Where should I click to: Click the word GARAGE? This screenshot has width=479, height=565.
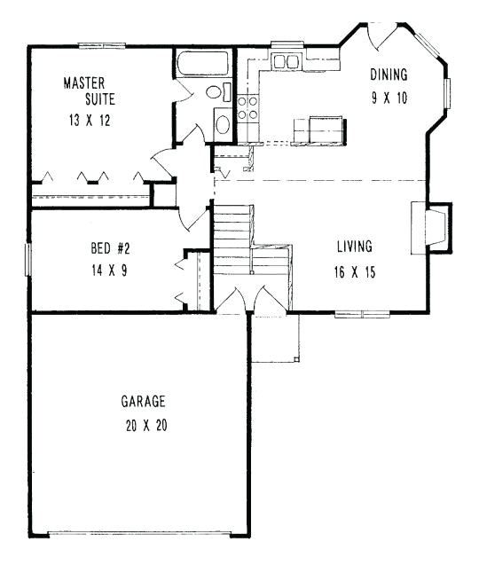pos(143,402)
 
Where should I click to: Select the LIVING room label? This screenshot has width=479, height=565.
pos(354,246)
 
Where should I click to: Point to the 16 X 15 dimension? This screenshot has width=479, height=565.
pos(354,272)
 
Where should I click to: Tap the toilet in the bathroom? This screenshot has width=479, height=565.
pos(215,93)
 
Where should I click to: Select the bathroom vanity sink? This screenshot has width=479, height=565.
pos(223,124)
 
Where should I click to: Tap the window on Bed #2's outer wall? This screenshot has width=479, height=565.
pos(28,259)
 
